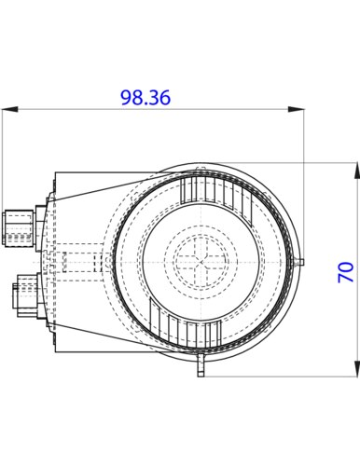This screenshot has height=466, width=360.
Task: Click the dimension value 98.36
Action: pos(145,97)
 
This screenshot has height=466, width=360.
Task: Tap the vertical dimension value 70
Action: pos(345,272)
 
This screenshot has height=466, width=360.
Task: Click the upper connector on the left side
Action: pos(17,226)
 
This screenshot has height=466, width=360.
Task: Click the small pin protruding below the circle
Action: pos(199,370)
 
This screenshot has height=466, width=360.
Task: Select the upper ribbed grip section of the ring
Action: pos(219,189)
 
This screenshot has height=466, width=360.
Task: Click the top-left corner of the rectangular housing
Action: pos(54,171)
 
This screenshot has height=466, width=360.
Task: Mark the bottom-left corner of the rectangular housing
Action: pos(54,355)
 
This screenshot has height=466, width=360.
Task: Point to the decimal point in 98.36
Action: pos(145,103)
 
